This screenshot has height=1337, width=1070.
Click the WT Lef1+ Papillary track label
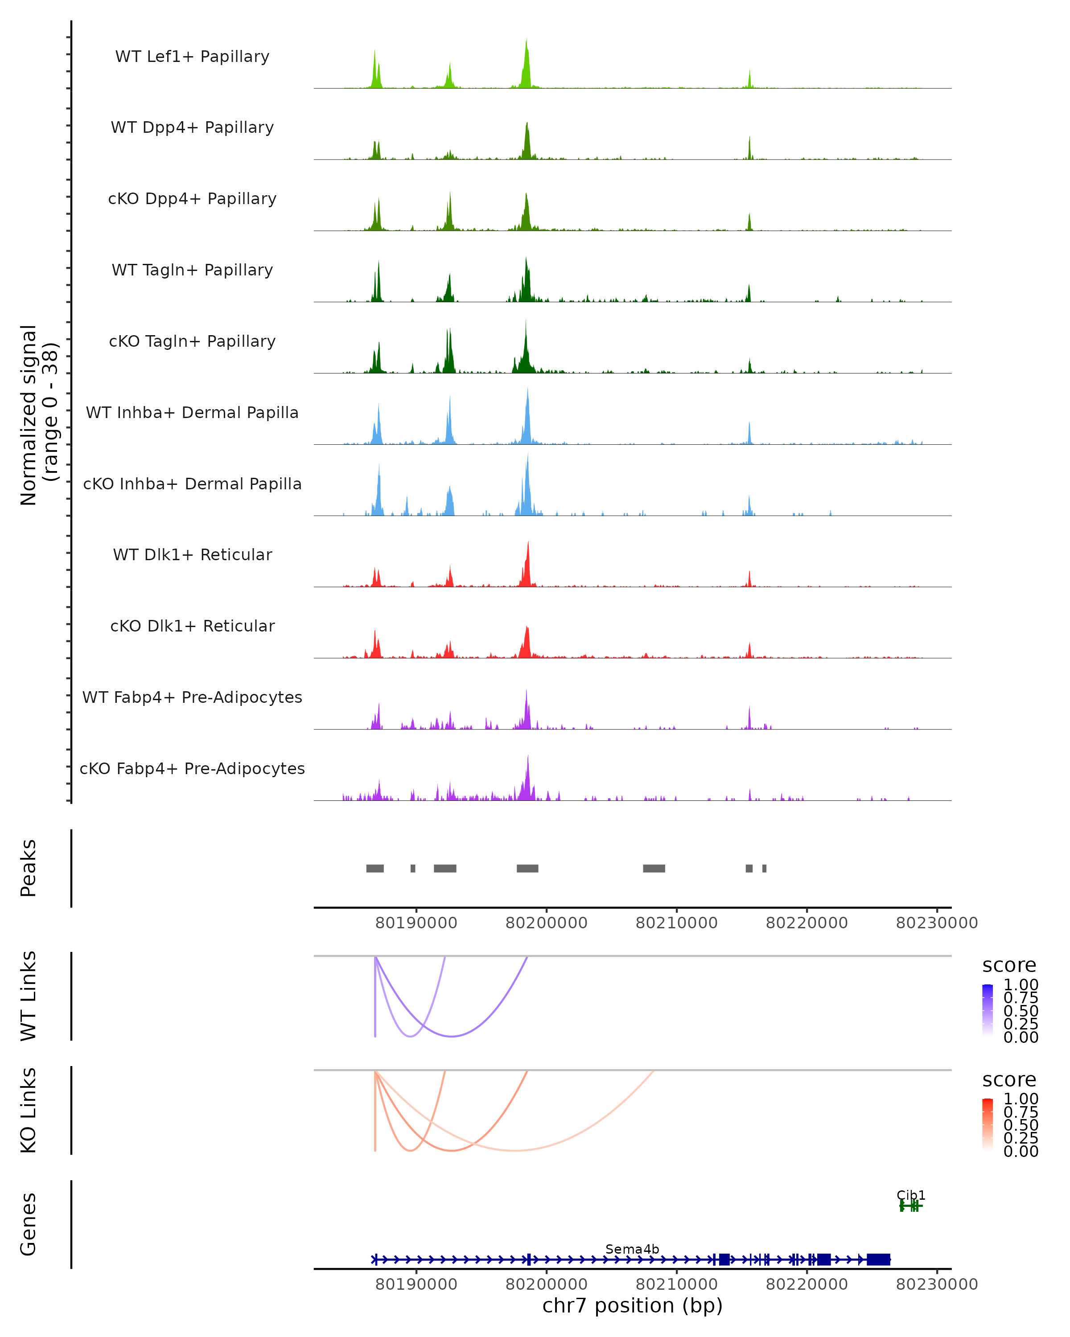click(192, 57)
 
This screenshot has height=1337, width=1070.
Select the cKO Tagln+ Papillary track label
click(192, 341)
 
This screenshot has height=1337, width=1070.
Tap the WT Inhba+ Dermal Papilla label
click(192, 412)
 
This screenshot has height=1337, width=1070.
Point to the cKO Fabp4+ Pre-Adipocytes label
click(192, 768)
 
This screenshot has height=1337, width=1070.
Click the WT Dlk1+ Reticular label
click(192, 554)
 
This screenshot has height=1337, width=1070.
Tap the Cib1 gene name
click(910, 1195)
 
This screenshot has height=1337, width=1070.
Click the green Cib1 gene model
click(910, 1206)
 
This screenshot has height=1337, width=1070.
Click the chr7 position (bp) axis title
click(632, 1305)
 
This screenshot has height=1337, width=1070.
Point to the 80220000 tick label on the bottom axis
click(807, 1284)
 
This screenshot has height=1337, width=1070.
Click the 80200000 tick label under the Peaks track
click(546, 923)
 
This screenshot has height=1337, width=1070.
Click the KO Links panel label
click(29, 1110)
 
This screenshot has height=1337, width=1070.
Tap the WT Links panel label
click(29, 996)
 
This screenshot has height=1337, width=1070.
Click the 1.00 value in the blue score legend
click(1021, 985)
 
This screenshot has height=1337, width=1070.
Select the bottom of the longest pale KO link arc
click(515, 1150)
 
